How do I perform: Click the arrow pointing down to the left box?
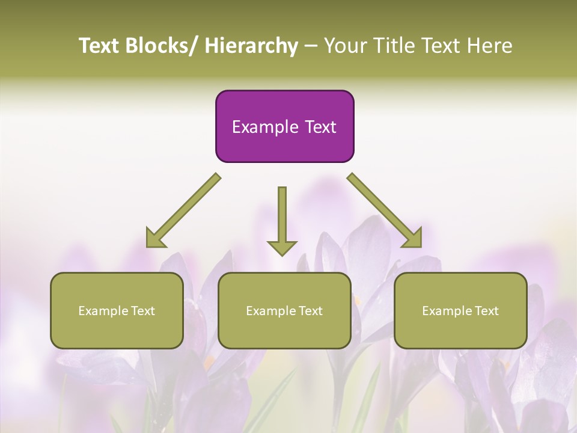pyautogui.click(x=183, y=210)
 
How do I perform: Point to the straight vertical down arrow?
pyautogui.click(x=282, y=216)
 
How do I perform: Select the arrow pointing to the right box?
pyautogui.click(x=385, y=210)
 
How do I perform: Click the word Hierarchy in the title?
pyautogui.click(x=251, y=46)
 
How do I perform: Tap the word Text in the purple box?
pyautogui.click(x=320, y=127)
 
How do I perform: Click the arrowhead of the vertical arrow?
pyautogui.click(x=282, y=247)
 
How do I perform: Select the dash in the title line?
pyautogui.click(x=311, y=47)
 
